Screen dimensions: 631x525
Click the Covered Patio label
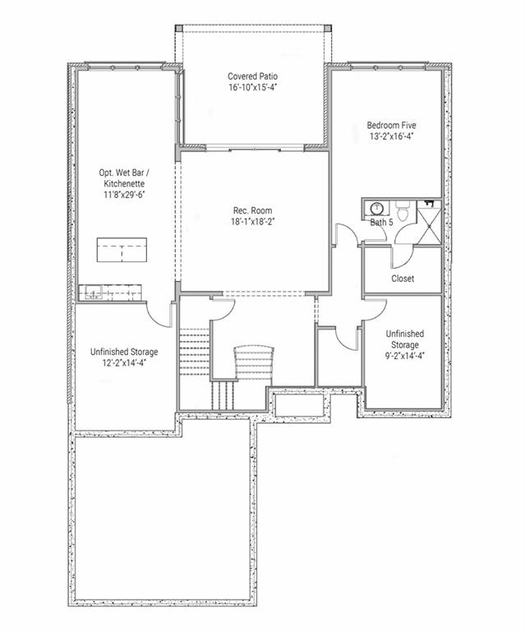[x=252, y=76]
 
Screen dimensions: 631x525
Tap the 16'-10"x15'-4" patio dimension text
[x=252, y=87]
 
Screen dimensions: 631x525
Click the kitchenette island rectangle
[x=122, y=249]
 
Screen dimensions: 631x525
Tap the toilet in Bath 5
[x=402, y=206]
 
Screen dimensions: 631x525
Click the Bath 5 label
[x=380, y=223]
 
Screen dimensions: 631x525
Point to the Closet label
[x=403, y=279]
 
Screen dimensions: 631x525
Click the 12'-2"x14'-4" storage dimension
[x=124, y=362]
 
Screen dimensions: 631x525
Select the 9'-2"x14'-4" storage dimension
[x=404, y=356]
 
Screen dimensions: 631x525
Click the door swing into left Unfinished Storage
[x=159, y=313]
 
